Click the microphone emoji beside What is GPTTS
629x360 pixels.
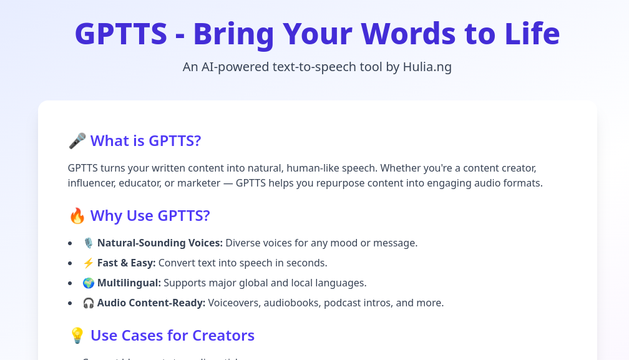pos(77,141)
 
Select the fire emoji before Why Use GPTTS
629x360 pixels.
pos(77,216)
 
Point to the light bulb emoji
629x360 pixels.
pos(77,336)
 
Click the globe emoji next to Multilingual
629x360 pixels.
pos(89,283)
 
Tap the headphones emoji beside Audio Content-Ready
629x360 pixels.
pos(89,303)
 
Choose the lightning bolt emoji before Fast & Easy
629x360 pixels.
pos(89,263)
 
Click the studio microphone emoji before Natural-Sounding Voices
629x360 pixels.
pos(89,243)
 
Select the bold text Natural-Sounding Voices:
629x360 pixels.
pos(160,243)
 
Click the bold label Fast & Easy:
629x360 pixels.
pos(127,263)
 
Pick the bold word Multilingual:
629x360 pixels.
pos(129,283)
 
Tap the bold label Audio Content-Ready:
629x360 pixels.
pos(151,303)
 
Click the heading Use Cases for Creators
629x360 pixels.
pos(172,336)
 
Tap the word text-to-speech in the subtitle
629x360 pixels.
pos(313,67)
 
